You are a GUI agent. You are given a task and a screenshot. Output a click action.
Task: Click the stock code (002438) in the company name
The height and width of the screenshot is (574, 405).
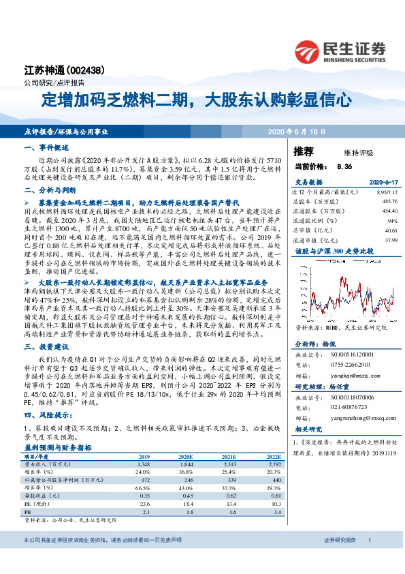87,71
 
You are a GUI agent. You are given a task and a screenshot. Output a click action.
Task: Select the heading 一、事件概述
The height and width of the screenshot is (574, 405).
47,147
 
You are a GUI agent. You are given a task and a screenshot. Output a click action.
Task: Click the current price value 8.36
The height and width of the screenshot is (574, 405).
344,166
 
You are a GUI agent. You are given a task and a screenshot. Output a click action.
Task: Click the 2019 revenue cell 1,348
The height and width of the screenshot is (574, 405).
144,464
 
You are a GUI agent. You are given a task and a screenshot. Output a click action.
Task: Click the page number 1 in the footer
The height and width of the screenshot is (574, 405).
368,559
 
